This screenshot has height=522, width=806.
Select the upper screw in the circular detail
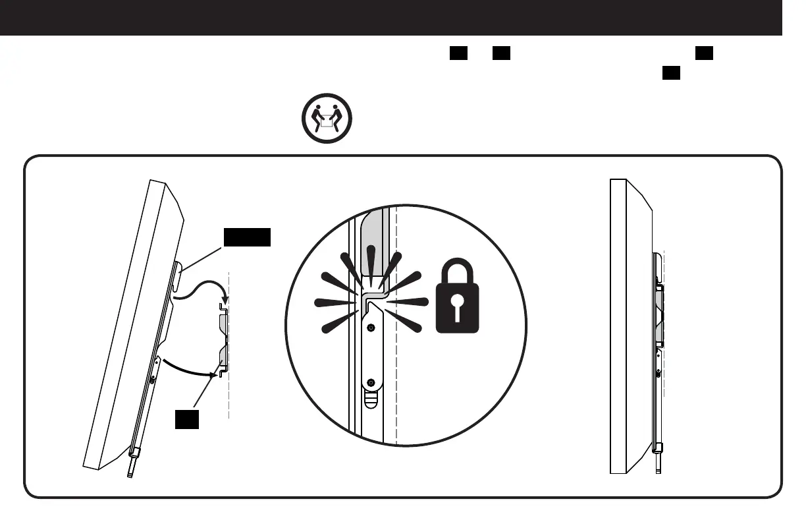(x=371, y=328)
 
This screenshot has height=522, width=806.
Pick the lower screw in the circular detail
(x=371, y=382)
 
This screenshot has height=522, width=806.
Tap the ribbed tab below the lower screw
(x=371, y=399)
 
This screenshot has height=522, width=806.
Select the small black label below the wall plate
(x=187, y=419)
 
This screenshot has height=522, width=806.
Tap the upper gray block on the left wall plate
(x=223, y=324)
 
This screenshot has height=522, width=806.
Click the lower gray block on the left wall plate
(x=223, y=358)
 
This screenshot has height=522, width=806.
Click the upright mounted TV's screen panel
(x=618, y=326)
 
